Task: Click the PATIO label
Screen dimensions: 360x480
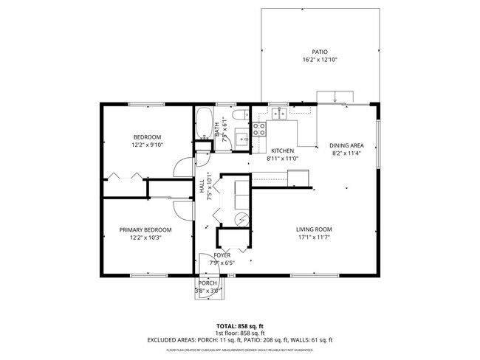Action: (x=319, y=52)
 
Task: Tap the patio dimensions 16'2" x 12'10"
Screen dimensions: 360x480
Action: (x=319, y=60)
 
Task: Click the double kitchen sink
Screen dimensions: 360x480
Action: (x=279, y=113)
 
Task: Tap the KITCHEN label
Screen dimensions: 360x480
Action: (x=283, y=150)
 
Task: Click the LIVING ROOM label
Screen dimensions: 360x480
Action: (x=314, y=229)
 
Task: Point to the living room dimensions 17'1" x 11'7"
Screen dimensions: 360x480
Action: (x=314, y=238)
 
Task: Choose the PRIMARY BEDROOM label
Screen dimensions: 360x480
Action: (x=145, y=229)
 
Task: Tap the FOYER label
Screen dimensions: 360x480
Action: (x=222, y=255)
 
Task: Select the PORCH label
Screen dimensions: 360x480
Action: (x=208, y=283)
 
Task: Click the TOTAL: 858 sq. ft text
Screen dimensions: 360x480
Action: (x=239, y=325)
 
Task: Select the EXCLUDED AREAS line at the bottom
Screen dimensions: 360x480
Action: (x=239, y=339)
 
